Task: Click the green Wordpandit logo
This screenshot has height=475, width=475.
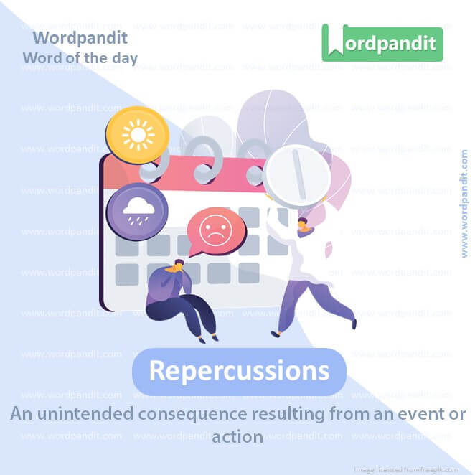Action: point(382,42)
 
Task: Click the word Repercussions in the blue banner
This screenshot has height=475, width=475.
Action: point(239,371)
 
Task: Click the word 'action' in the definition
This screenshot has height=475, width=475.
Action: point(237,436)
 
